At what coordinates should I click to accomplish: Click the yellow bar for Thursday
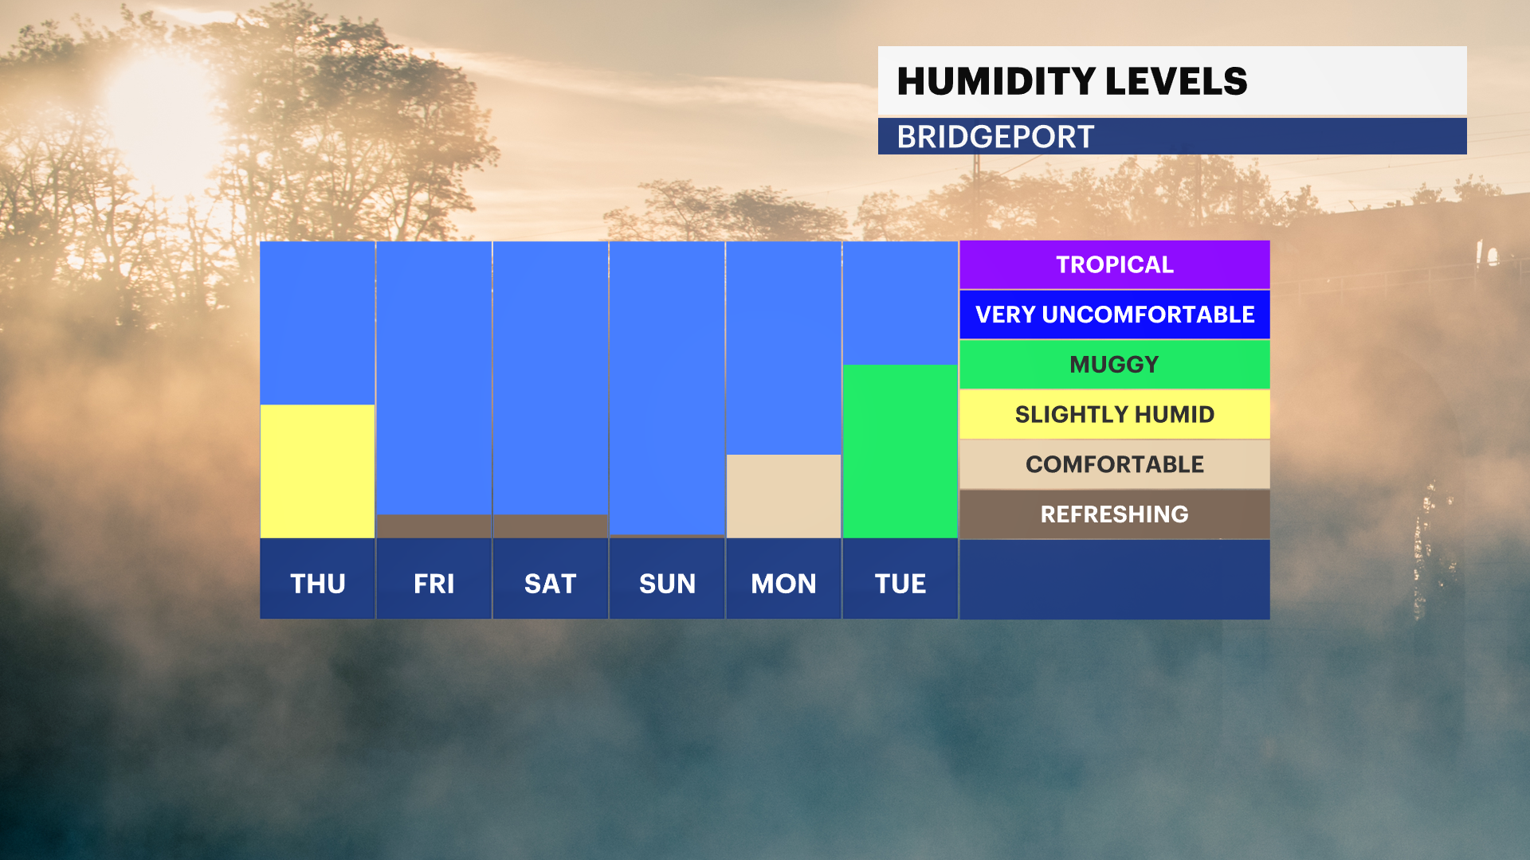point(317,471)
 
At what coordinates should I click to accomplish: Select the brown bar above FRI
point(433,526)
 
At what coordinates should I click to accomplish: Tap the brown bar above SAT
point(550,526)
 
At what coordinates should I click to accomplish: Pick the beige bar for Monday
point(783,497)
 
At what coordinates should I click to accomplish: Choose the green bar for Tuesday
point(900,451)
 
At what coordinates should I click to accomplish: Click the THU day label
point(318,584)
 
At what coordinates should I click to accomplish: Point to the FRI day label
point(433,584)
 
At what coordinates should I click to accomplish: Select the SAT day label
point(550,584)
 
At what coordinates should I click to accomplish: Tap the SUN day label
point(667,584)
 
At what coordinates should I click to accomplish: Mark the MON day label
point(783,584)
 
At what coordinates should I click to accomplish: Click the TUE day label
point(900,584)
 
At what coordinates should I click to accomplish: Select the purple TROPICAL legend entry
point(1115,264)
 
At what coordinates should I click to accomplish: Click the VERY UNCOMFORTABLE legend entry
point(1115,315)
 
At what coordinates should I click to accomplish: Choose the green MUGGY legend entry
point(1115,365)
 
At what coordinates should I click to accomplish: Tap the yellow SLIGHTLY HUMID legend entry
point(1115,414)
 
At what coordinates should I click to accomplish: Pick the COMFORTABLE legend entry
point(1115,464)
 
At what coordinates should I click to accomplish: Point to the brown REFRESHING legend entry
point(1115,514)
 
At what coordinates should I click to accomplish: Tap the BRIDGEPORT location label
point(996,137)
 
